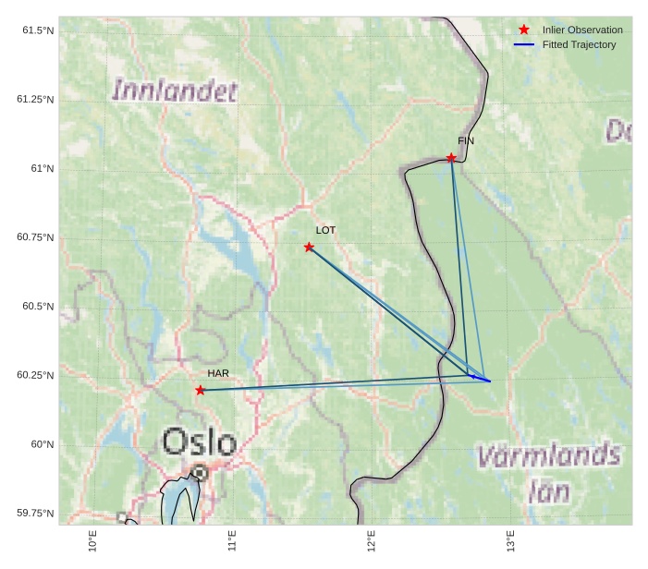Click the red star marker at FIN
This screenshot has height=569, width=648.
pos(451,158)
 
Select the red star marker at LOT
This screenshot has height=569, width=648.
pos(309,247)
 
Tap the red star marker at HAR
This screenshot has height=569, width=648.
pos(201,390)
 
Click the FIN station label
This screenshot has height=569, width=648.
pos(466,140)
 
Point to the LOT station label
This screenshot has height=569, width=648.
pos(325,230)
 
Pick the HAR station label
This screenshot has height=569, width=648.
pos(218,373)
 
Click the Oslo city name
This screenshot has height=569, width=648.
pos(200,442)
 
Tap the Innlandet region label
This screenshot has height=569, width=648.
pos(175,91)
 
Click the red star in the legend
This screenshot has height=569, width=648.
pos(524,30)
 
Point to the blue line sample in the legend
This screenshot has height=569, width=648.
pos(524,44)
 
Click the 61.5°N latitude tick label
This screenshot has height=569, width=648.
pos(38,30)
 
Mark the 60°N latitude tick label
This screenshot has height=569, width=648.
pos(41,444)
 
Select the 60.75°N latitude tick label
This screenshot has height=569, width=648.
pos(35,237)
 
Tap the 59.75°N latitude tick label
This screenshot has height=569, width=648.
pos(35,514)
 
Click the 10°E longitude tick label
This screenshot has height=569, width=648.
pos(92,541)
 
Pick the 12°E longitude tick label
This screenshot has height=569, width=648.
pos(371,541)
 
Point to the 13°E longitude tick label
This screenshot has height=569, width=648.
pos(510,541)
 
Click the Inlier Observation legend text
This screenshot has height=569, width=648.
pos(582,30)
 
